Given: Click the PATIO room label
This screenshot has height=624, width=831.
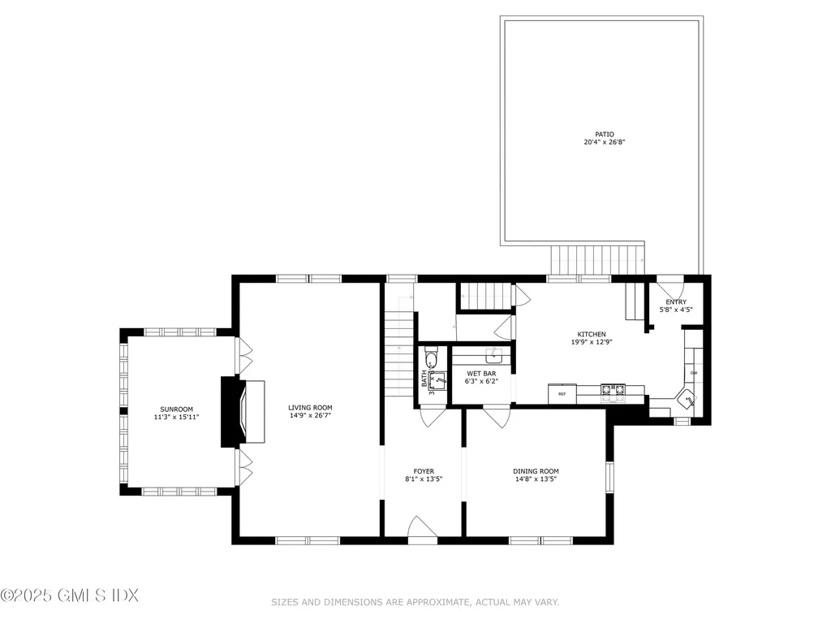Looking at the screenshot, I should (604, 134).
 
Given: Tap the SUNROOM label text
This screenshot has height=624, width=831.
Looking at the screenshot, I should (175, 409).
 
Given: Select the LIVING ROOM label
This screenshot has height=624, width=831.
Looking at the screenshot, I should (310, 408).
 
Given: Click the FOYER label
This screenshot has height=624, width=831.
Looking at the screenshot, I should (424, 471).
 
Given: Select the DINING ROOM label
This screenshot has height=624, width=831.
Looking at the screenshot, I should (536, 471).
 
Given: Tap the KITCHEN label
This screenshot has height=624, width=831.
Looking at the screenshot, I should (591, 334).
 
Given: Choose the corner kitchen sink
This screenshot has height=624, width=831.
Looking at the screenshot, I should (687, 400).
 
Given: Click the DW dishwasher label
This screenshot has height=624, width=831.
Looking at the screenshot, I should (694, 373).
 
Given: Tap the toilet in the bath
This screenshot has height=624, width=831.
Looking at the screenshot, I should (431, 359).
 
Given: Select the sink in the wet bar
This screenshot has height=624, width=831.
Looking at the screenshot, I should (492, 355).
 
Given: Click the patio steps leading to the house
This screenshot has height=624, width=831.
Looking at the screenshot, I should (597, 260).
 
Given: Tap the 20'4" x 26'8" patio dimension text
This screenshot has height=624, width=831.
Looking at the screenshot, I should (604, 142).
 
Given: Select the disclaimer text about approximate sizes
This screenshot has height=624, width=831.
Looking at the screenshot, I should (415, 602).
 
